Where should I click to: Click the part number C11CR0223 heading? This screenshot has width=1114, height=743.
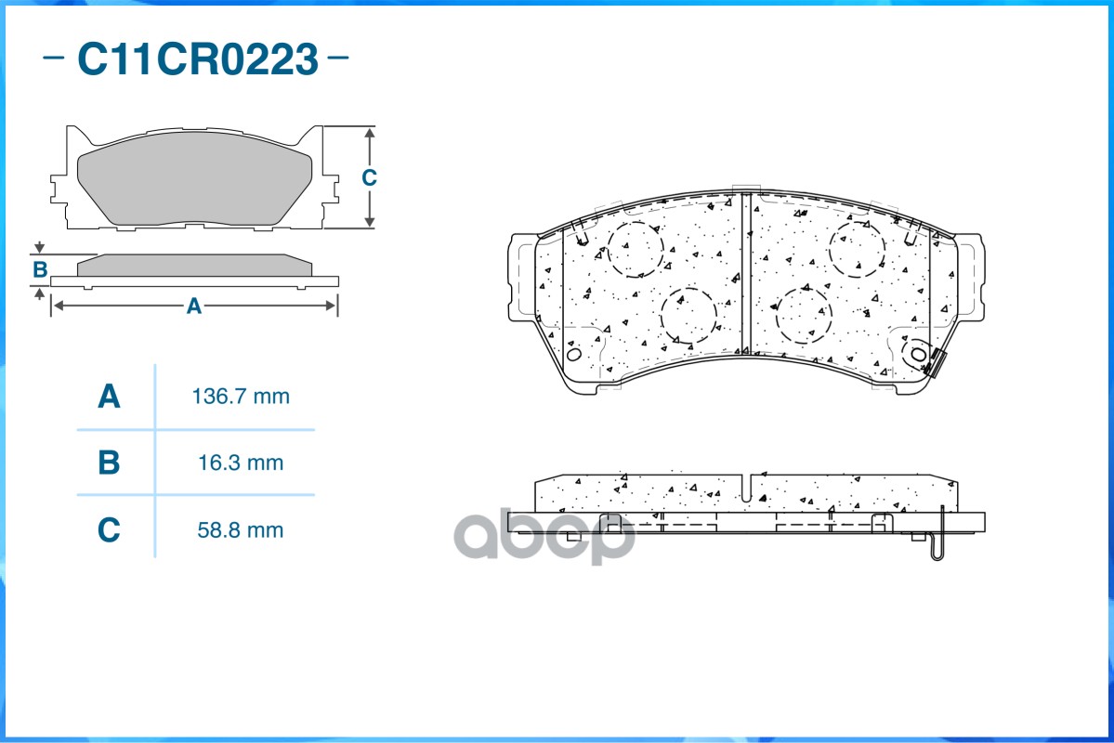click(x=197, y=59)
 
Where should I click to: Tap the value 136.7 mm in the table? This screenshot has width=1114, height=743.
click(x=241, y=397)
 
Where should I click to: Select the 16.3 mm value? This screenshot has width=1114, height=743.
click(x=241, y=463)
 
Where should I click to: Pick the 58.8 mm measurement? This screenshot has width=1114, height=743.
click(x=241, y=530)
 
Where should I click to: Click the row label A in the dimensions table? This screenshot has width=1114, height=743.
click(x=109, y=397)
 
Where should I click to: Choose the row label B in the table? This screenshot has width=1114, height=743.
click(x=109, y=463)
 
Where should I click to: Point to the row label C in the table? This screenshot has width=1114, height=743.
click(x=109, y=530)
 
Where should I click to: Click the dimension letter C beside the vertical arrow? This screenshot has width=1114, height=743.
click(x=369, y=177)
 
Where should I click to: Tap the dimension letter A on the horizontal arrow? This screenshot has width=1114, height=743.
click(x=194, y=306)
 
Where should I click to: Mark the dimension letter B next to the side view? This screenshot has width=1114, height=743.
click(x=40, y=269)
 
